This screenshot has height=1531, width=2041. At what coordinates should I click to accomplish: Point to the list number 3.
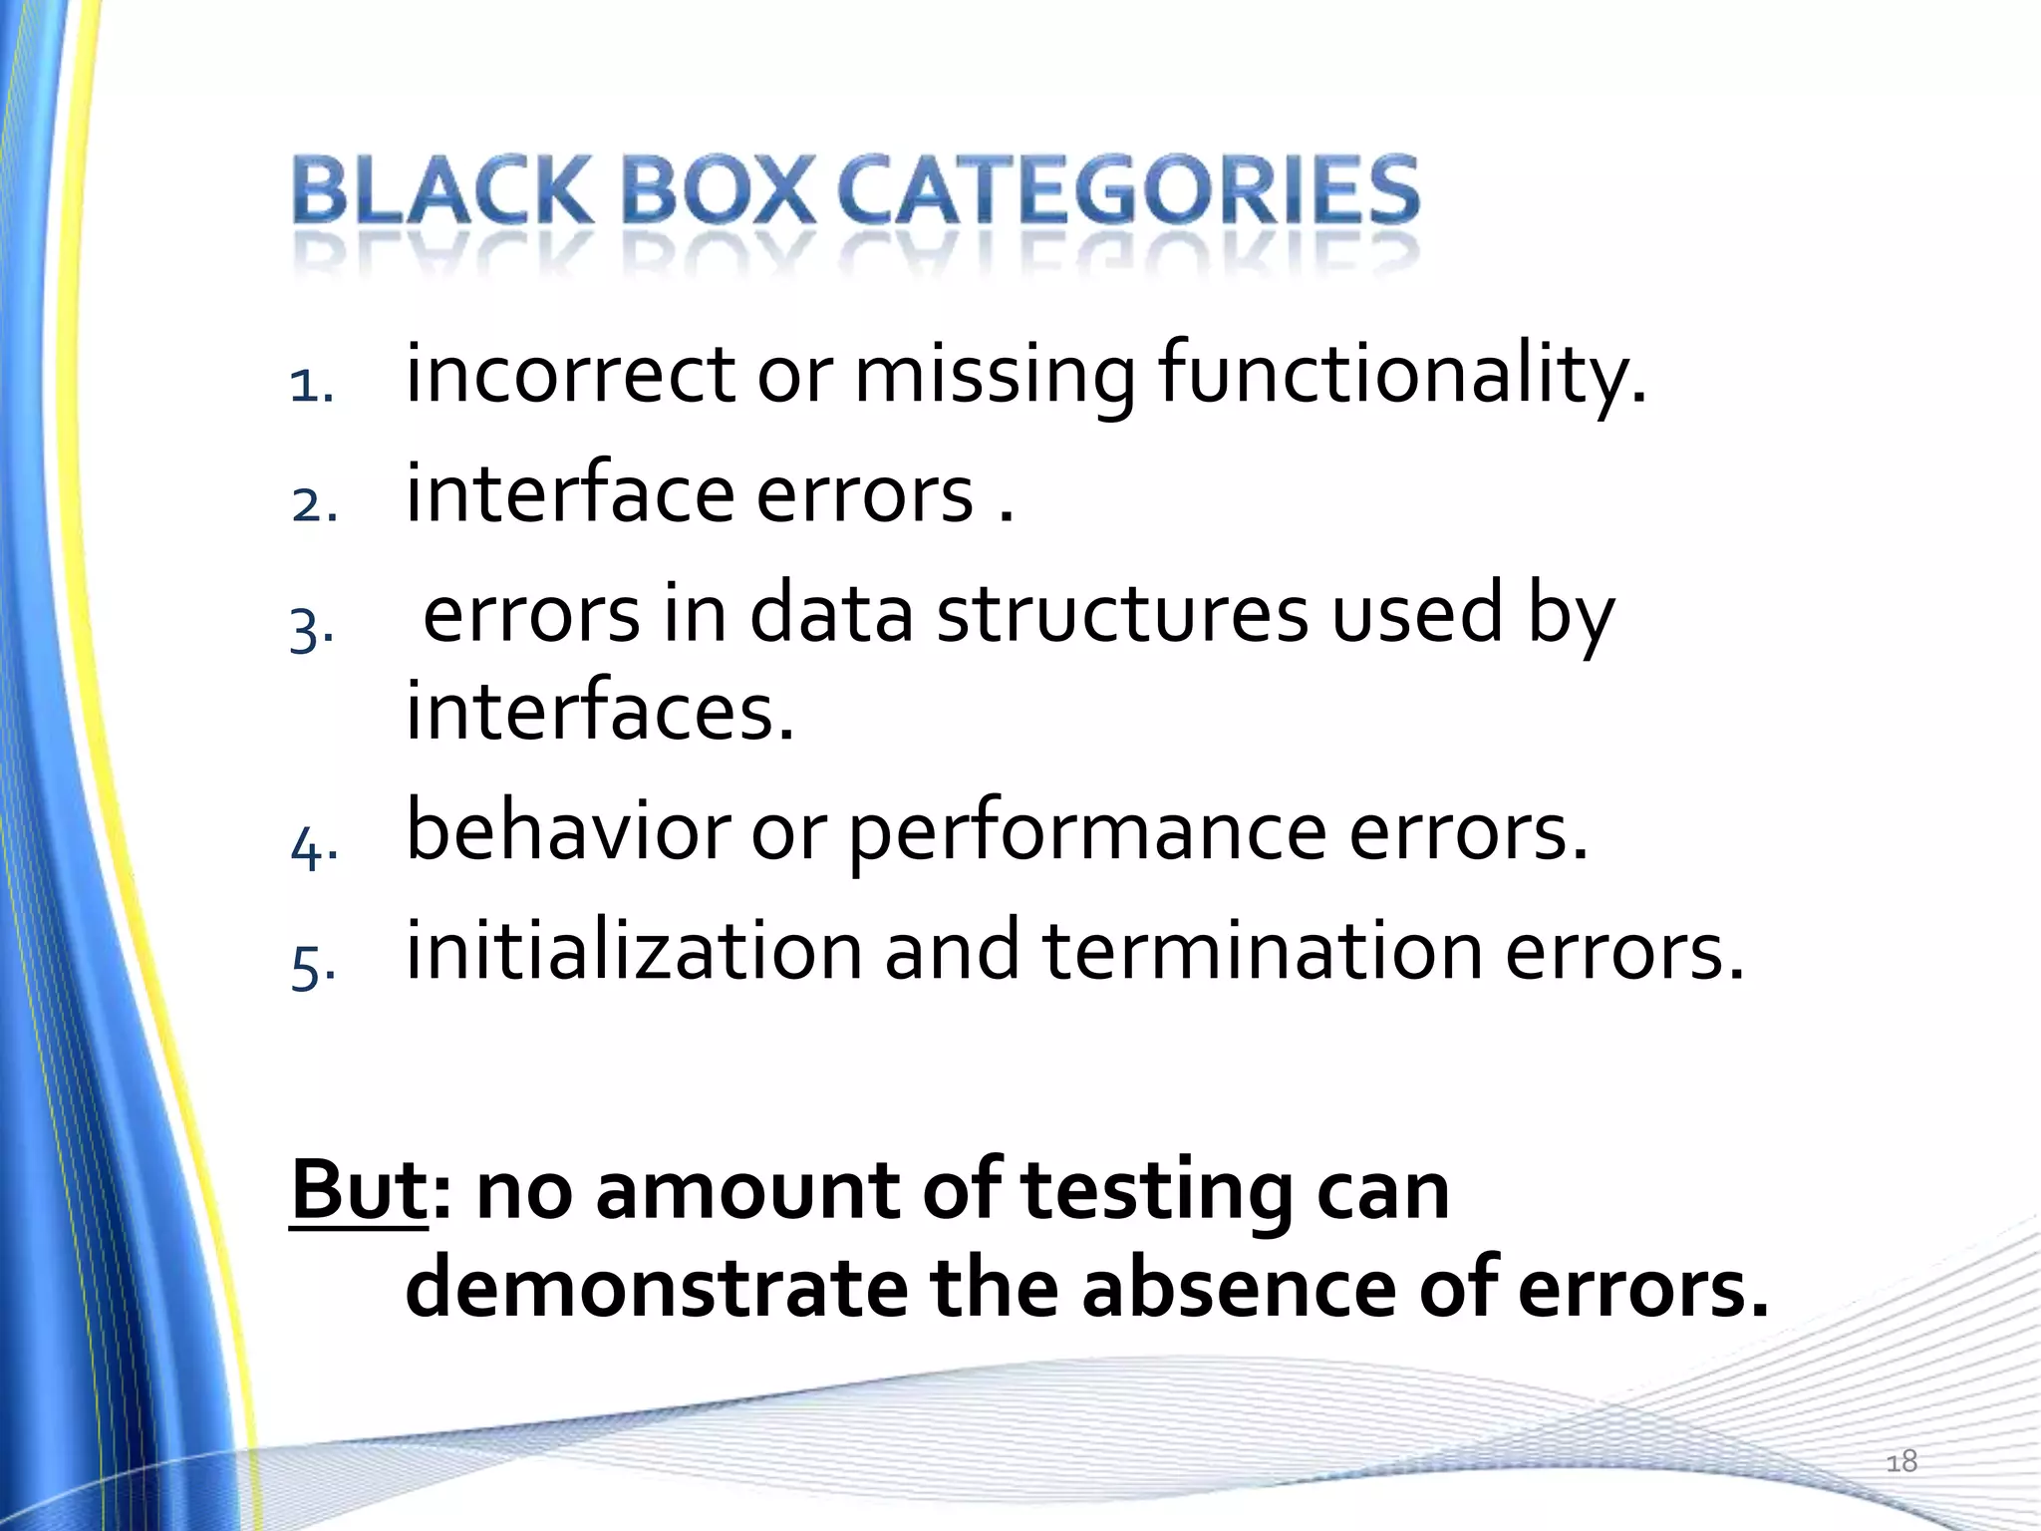pyautogui.click(x=311, y=630)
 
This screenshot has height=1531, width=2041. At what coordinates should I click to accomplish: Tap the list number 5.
pyautogui.click(x=312, y=967)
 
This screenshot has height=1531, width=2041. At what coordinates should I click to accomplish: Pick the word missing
pyautogui.click(x=995, y=377)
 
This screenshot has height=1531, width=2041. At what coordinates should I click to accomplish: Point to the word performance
pyautogui.click(x=1087, y=834)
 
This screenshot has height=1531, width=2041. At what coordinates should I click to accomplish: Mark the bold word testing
pyautogui.click(x=1157, y=1193)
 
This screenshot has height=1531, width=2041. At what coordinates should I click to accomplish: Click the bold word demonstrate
pyautogui.click(x=656, y=1288)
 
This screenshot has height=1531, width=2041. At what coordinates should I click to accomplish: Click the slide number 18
pyautogui.click(x=1901, y=1461)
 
